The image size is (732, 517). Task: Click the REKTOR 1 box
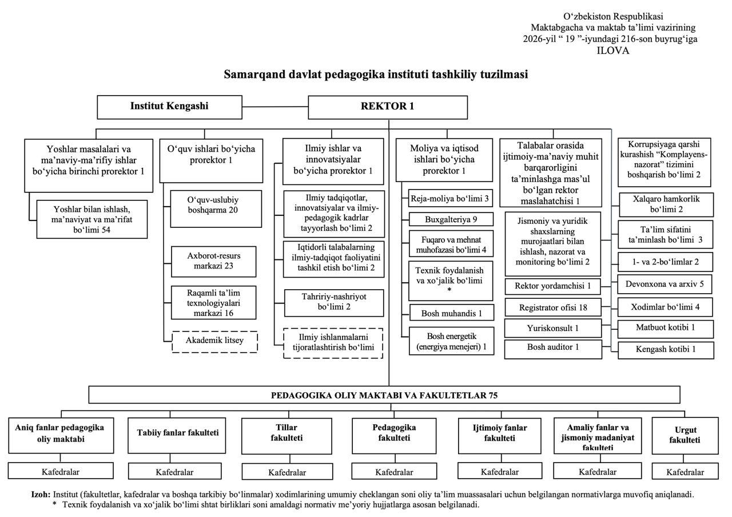[x=388, y=107]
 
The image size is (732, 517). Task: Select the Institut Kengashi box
[x=169, y=107]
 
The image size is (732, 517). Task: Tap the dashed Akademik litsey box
[x=214, y=342]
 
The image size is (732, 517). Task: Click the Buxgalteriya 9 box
[x=451, y=219]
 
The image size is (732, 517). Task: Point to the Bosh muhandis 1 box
[x=451, y=313]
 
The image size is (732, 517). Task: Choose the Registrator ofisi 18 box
[x=553, y=307]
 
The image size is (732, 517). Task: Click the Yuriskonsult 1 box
[x=553, y=328]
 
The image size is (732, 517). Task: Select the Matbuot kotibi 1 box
[x=665, y=329]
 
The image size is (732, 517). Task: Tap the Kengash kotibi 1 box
[x=666, y=350]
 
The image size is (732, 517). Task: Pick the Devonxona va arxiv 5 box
[x=665, y=284]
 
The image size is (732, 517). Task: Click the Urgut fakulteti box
[x=685, y=435]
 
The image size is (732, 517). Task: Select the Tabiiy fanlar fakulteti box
[x=177, y=435]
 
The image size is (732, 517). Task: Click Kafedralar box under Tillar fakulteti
[x=287, y=472]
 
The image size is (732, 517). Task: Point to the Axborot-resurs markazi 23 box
[x=214, y=262]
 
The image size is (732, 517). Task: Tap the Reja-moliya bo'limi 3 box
[x=450, y=198]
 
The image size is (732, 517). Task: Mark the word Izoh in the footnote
[x=41, y=495]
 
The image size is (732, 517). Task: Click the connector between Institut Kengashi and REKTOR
[x=275, y=106]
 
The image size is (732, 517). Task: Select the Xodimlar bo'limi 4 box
[x=665, y=307]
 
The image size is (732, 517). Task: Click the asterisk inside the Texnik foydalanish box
[x=449, y=290]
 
